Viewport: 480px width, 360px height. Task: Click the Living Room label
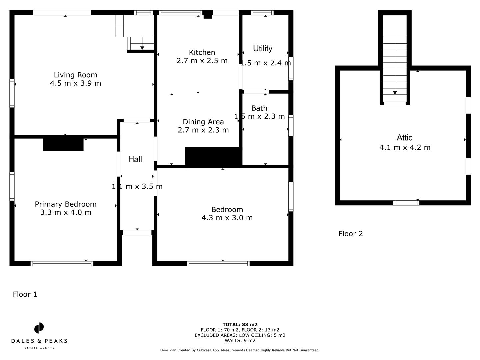pyautogui.click(x=75, y=75)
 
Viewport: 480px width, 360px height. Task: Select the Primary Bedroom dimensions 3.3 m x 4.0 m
pyautogui.click(x=66, y=212)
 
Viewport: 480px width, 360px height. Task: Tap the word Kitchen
pyautogui.click(x=202, y=52)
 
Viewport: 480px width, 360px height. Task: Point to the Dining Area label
pyautogui.click(x=203, y=122)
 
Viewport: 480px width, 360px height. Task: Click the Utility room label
pyautogui.click(x=263, y=49)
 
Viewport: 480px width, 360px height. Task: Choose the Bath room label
pyautogui.click(x=259, y=108)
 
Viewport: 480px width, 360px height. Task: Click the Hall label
pyautogui.click(x=135, y=159)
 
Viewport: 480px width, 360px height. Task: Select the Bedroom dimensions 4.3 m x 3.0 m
pyautogui.click(x=227, y=218)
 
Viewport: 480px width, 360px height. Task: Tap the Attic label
pyautogui.click(x=404, y=138)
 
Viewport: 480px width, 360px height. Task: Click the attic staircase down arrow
pyautogui.click(x=395, y=93)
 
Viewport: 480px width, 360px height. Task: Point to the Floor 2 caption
pyautogui.click(x=350, y=234)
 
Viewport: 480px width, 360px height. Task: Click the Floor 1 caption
pyautogui.click(x=25, y=294)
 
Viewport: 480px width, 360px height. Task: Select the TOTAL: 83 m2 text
pyautogui.click(x=240, y=324)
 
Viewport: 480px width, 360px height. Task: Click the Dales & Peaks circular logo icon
pyautogui.click(x=39, y=328)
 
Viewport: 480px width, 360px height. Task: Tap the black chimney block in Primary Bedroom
pyautogui.click(x=63, y=145)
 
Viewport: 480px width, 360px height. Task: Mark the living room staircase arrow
pyautogui.click(x=142, y=48)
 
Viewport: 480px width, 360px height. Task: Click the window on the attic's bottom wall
pyautogui.click(x=406, y=203)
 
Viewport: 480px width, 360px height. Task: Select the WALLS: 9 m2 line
pyautogui.click(x=240, y=340)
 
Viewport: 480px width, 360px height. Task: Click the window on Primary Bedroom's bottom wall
pyautogui.click(x=62, y=263)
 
